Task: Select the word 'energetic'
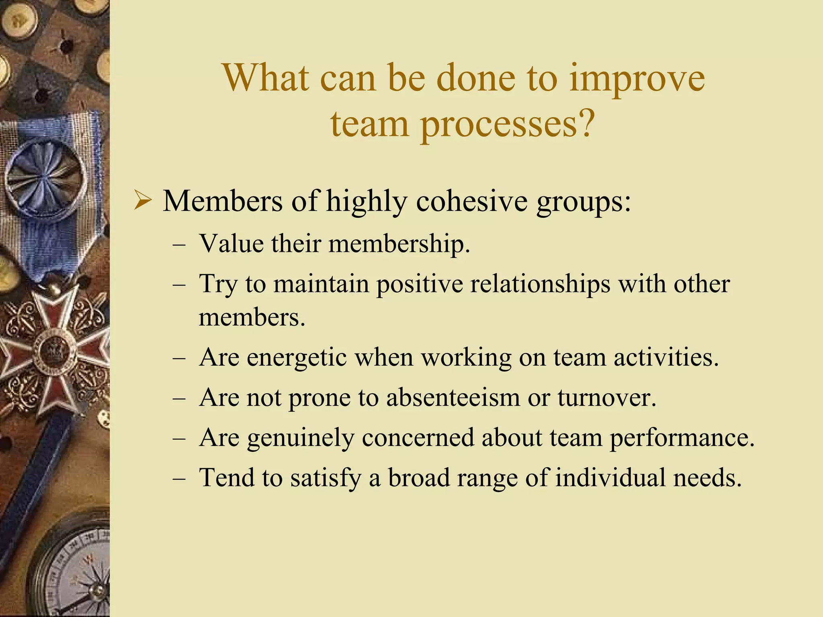coord(297,357)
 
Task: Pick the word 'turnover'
coord(607,397)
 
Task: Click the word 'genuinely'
coord(300,437)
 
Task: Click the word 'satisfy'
coord(326,478)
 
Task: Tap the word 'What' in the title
coord(266,78)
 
